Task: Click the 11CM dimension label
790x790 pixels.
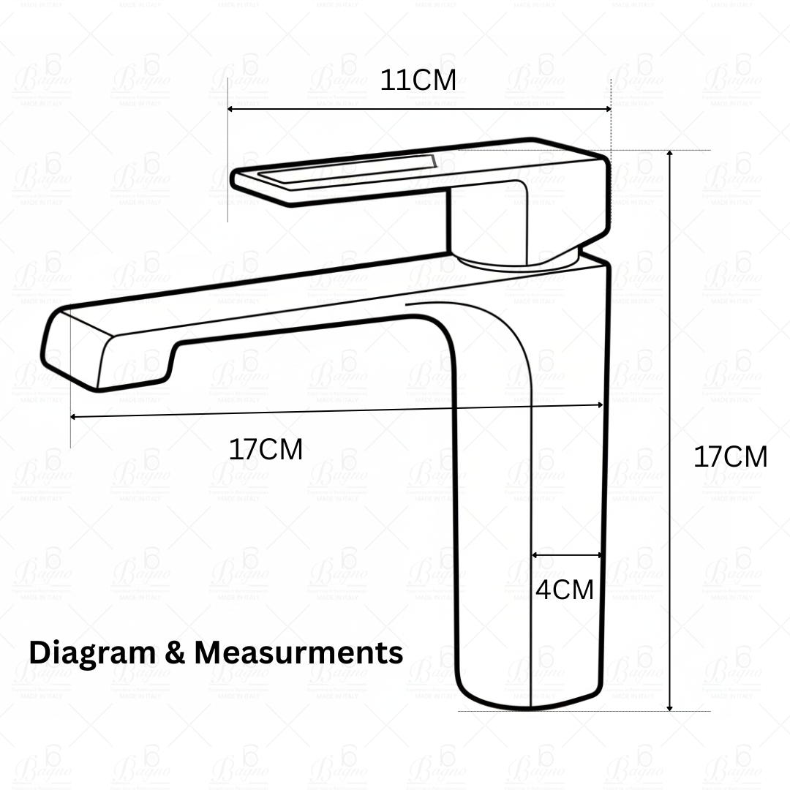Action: point(418,80)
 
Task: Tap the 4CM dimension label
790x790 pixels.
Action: point(564,590)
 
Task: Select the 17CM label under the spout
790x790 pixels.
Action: point(266,450)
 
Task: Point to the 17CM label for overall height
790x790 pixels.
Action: point(730,457)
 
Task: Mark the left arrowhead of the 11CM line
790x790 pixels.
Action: point(231,109)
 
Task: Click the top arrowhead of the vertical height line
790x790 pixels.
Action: point(669,154)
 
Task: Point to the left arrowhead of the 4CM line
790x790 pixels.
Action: point(535,555)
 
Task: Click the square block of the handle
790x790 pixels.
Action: point(486,219)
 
